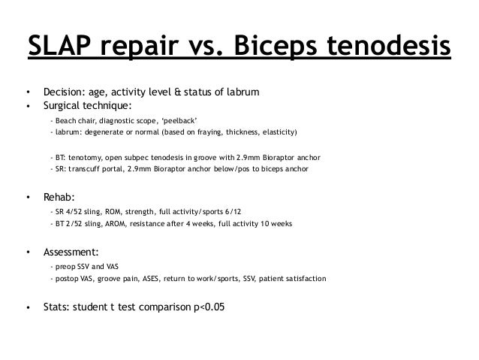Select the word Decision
point(63,92)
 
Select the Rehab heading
point(59,198)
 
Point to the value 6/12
point(269,213)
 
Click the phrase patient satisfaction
point(294,279)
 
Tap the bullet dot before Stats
point(28,307)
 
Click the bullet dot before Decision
point(28,92)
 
